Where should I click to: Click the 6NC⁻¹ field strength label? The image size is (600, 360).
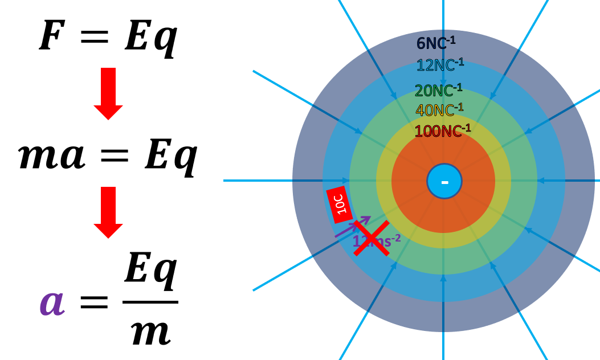(x=436, y=43)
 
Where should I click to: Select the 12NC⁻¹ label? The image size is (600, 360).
(x=440, y=65)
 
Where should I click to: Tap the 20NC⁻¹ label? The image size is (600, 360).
(x=438, y=90)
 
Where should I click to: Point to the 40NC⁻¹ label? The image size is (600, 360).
(x=439, y=110)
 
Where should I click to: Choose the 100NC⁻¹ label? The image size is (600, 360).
(x=442, y=131)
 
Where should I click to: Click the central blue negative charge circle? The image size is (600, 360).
(x=444, y=181)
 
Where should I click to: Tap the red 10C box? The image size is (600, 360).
(x=339, y=204)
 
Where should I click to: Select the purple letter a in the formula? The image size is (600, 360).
(x=51, y=302)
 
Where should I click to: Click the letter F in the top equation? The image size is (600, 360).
(x=51, y=36)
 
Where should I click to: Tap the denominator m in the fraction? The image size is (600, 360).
(x=150, y=332)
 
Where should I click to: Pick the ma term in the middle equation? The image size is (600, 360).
(x=51, y=156)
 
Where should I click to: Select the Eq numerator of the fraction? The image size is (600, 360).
(x=150, y=270)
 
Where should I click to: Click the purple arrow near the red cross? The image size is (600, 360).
(x=352, y=227)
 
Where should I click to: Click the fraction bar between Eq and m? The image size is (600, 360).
(x=150, y=302)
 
